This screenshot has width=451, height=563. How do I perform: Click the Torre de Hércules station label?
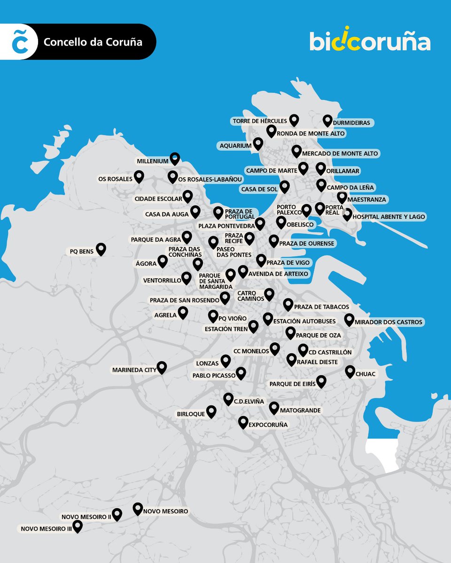click(259, 121)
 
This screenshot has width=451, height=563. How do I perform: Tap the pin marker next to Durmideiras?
click(327, 121)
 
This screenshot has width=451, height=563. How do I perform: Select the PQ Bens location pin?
click(101, 249)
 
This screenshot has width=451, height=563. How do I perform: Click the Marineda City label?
click(134, 370)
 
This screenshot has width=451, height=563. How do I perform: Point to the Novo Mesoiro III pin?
click(77, 526)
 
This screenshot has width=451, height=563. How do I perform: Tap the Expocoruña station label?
click(268, 425)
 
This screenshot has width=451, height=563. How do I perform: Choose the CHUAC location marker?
click(350, 371)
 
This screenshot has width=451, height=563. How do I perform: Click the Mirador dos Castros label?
click(389, 322)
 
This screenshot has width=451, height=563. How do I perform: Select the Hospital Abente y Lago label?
click(388, 217)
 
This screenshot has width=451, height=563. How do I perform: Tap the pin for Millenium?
click(174, 159)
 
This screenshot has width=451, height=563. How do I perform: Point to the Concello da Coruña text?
click(93, 42)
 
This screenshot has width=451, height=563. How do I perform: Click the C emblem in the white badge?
click(19, 42)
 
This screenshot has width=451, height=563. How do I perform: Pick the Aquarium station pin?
click(257, 143)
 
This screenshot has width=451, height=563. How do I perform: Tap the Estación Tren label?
click(226, 329)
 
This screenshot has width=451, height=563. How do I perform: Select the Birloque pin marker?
click(211, 411)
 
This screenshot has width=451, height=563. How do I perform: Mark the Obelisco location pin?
click(281, 222)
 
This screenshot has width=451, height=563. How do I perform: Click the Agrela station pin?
click(183, 312)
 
